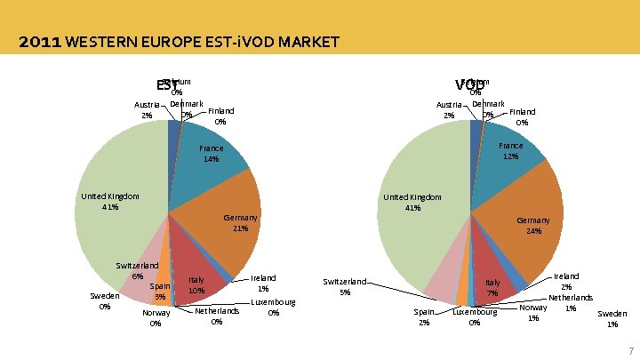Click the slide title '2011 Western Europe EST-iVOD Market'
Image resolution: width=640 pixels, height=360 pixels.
point(178,42)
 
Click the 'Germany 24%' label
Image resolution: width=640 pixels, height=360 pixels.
point(533,226)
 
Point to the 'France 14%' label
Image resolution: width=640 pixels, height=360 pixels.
point(212,154)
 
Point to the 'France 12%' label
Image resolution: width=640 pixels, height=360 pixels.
point(511,150)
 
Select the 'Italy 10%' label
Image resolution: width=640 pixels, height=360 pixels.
point(196,285)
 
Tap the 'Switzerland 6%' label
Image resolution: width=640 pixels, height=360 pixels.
point(138,270)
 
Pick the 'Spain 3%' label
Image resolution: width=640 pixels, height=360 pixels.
point(160,292)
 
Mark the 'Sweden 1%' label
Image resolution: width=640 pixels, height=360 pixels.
point(612,318)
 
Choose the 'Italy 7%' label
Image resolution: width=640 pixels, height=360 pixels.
point(492,288)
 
